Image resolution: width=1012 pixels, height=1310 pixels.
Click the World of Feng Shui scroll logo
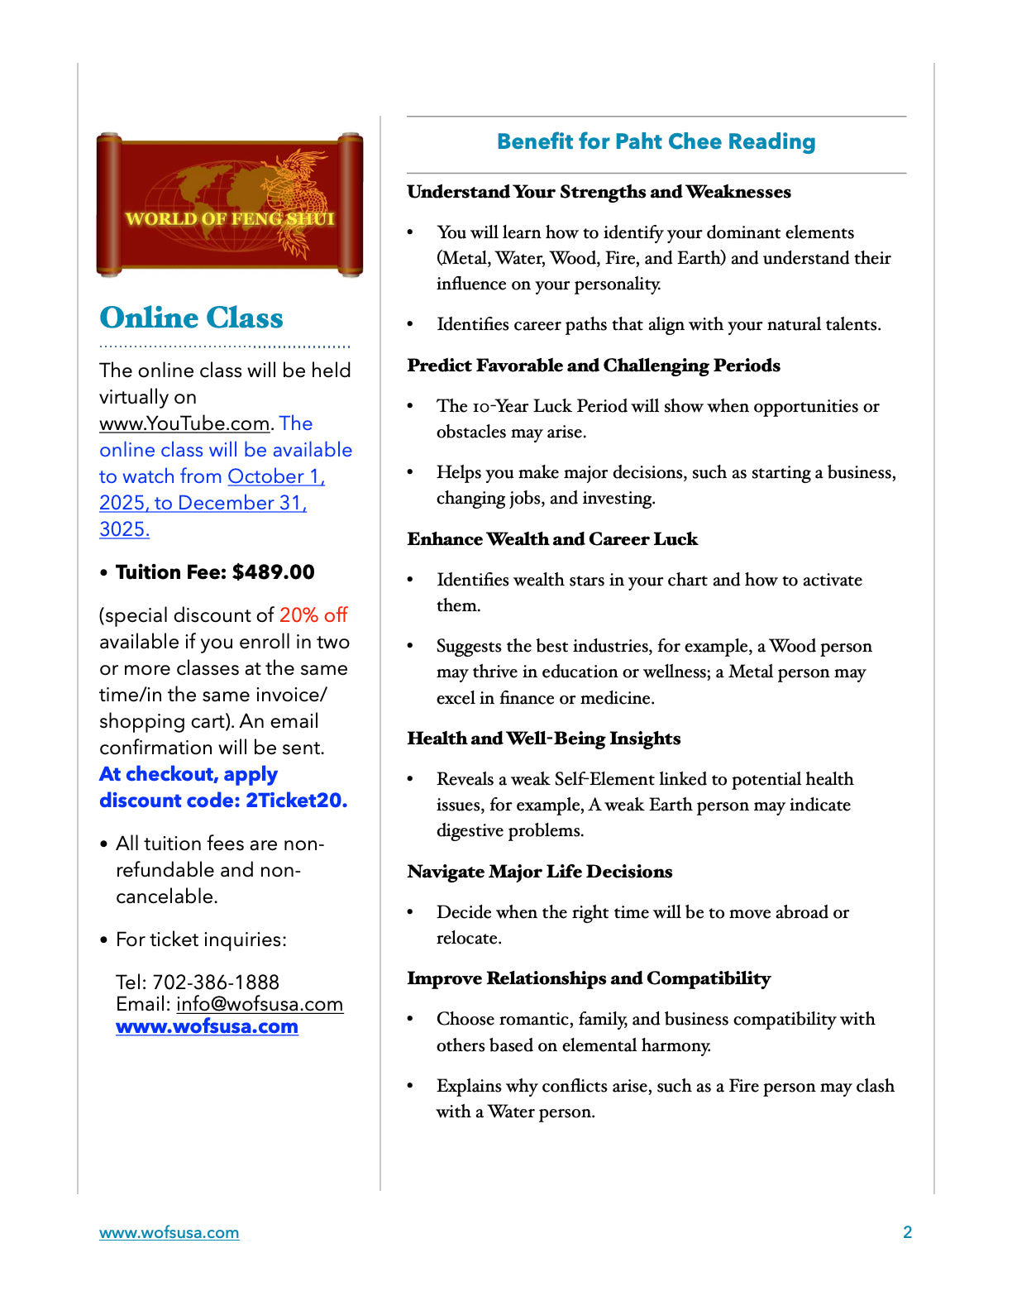(230, 204)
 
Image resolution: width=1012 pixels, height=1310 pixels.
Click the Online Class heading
(191, 318)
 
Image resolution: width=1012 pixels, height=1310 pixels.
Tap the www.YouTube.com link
(184, 423)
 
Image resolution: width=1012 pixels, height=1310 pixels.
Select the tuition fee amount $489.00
(273, 572)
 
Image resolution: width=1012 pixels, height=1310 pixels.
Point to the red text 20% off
(313, 615)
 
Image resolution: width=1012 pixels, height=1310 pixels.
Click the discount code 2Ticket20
(296, 801)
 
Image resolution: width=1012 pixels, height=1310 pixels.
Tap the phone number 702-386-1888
(216, 982)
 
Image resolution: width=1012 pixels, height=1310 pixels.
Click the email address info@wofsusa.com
(260, 1004)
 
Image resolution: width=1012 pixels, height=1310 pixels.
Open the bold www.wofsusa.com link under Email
(207, 1026)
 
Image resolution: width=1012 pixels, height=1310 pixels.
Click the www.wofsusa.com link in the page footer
(169, 1232)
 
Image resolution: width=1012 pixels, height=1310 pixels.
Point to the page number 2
(907, 1232)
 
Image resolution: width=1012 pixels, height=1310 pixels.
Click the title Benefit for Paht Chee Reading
(656, 141)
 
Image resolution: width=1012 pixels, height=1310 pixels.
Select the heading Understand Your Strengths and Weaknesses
(599, 192)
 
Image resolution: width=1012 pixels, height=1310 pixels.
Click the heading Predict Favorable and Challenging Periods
(594, 366)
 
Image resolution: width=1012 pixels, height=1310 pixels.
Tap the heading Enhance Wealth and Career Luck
(552, 539)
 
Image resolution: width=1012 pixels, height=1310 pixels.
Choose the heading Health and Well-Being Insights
(544, 739)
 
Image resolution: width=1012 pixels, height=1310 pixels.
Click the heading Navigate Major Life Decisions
(540, 872)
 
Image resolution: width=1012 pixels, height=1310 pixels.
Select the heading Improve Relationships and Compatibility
(589, 978)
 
